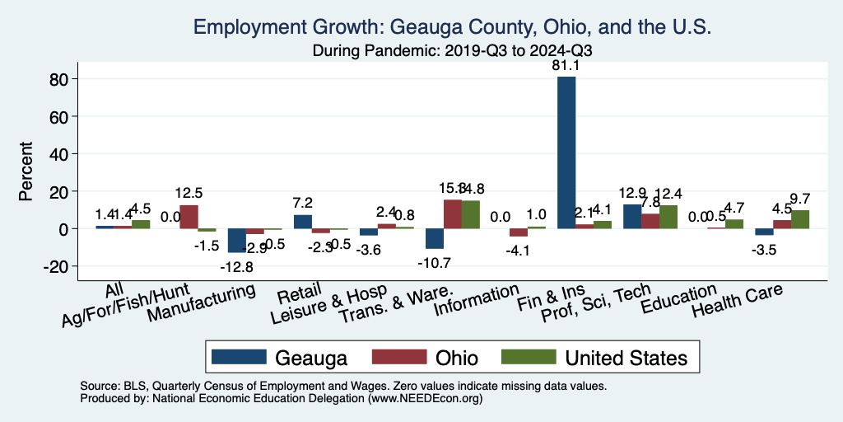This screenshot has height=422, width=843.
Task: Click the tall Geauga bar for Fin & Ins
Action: (x=566, y=152)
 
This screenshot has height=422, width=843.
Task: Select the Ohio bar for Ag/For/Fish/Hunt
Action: (x=189, y=217)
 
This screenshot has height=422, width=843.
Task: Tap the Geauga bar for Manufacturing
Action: (x=237, y=240)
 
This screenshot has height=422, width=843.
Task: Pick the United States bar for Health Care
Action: (x=800, y=219)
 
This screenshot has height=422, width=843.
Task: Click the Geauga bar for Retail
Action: (x=303, y=222)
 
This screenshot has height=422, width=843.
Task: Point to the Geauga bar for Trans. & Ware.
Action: (x=435, y=238)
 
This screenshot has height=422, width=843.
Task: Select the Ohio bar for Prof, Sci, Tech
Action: (x=650, y=221)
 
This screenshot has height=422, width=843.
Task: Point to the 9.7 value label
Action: (x=800, y=199)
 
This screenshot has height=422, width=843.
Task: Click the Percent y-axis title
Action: (x=27, y=172)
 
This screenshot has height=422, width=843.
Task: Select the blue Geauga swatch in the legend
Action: (x=239, y=357)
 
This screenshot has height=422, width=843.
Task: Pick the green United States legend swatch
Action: (x=528, y=357)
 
